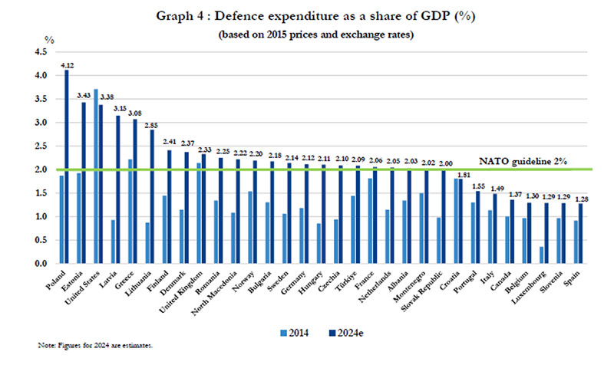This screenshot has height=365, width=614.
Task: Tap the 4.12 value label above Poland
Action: pyautogui.click(x=67, y=65)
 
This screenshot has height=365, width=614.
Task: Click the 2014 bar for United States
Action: pyautogui.click(x=96, y=176)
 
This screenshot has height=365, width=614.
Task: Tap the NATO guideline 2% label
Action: pyautogui.click(x=523, y=161)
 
